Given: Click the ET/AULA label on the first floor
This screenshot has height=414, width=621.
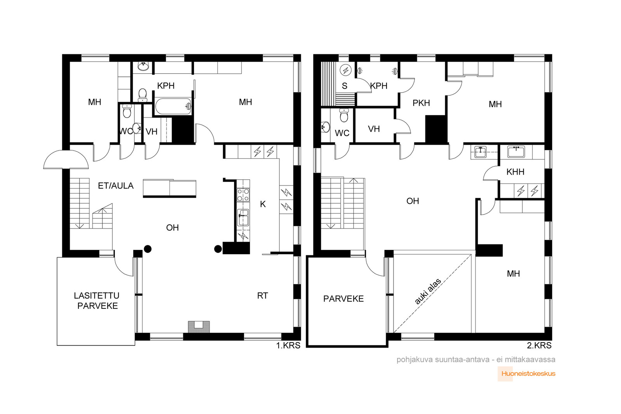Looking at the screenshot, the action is pyautogui.click(x=116, y=186).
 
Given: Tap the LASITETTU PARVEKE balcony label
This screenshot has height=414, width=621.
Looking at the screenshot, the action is pyautogui.click(x=97, y=301).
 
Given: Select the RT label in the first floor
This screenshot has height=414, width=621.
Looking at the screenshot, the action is pyautogui.click(x=262, y=296).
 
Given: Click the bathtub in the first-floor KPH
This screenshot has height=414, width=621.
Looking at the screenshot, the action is pyautogui.click(x=173, y=106).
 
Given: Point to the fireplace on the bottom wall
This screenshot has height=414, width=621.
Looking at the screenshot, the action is pyautogui.click(x=199, y=327).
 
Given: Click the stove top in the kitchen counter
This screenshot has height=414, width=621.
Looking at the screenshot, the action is pyautogui.click(x=243, y=194).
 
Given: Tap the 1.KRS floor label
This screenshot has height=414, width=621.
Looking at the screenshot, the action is pyautogui.click(x=288, y=346).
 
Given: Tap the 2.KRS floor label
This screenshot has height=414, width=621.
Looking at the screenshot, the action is pyautogui.click(x=539, y=346).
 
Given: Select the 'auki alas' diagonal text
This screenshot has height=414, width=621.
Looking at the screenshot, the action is pyautogui.click(x=428, y=291).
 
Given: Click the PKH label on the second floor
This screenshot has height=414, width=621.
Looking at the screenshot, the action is pyautogui.click(x=421, y=103).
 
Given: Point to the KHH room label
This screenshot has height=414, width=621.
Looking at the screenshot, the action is pyautogui.click(x=515, y=172).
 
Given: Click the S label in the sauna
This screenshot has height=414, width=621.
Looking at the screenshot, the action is pyautogui.click(x=345, y=86).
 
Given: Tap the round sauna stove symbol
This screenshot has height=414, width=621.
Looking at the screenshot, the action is pyautogui.click(x=346, y=70).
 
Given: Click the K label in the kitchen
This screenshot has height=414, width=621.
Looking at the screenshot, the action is pyautogui.click(x=263, y=204).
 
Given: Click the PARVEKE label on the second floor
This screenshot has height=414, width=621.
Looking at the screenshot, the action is pyautogui.click(x=343, y=299).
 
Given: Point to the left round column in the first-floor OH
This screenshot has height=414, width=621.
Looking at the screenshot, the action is pyautogui.click(x=148, y=249).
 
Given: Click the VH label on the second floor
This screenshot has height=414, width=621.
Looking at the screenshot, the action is pyautogui.click(x=374, y=129).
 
